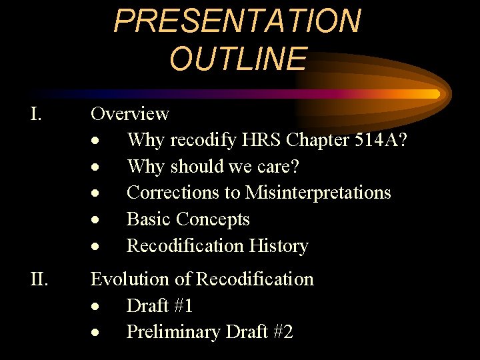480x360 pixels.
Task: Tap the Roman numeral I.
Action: click(37, 114)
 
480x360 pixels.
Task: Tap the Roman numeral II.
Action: click(39, 279)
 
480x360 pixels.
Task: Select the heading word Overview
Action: click(130, 114)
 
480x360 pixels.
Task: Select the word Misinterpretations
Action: click(318, 193)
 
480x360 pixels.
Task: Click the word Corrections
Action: click(169, 193)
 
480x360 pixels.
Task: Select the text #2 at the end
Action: click(281, 332)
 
